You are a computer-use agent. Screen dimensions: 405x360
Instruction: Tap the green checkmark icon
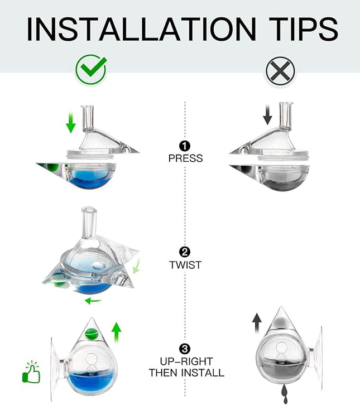(x=90, y=69)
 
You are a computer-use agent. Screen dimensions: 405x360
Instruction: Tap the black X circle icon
(x=280, y=70)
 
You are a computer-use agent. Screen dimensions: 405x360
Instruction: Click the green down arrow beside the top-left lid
(x=70, y=122)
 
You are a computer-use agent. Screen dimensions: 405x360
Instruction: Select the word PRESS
(x=185, y=158)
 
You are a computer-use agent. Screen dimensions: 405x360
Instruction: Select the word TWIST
(x=185, y=265)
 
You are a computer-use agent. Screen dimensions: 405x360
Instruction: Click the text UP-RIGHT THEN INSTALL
(x=186, y=367)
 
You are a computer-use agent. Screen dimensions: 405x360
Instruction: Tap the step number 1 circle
(x=185, y=147)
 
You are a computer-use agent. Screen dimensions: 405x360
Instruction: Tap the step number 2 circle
(x=185, y=253)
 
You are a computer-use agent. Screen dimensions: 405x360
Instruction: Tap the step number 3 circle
(x=185, y=349)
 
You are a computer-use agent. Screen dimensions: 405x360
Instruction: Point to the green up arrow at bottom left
(x=117, y=333)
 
